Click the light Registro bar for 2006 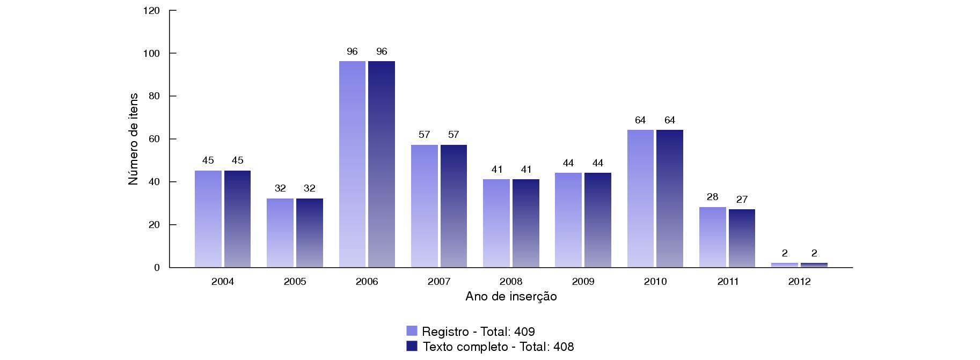click(352, 164)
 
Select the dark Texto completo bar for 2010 click(670, 199)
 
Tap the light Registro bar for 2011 click(713, 237)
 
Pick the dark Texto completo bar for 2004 click(237, 219)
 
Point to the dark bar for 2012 click(814, 265)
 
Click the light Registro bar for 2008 click(496, 223)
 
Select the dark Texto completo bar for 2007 click(454, 206)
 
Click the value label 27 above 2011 click(742, 200)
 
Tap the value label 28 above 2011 click(713, 197)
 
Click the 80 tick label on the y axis click(155, 96)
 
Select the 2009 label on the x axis click(583, 282)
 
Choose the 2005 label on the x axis click(295, 282)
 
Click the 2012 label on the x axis click(800, 282)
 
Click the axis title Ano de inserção click(511, 297)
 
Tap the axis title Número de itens click(133, 139)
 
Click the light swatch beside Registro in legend click(412, 331)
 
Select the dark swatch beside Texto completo click(412, 346)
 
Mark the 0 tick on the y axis click(157, 267)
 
